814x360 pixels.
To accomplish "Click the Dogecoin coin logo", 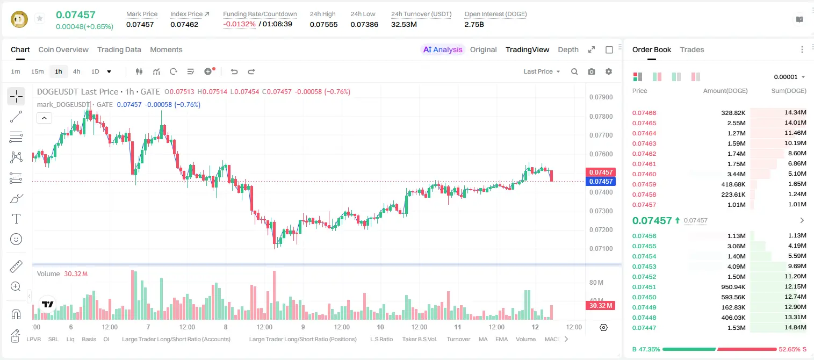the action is click(19, 19).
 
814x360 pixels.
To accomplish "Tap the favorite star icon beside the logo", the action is click(40, 18).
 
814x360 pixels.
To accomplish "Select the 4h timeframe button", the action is click(76, 71).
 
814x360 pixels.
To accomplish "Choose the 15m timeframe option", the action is click(38, 71).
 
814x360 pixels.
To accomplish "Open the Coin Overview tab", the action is click(63, 49).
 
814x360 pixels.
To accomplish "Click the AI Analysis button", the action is click(443, 49).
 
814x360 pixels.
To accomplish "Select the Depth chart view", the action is click(568, 49).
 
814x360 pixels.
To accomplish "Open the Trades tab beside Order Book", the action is click(691, 49).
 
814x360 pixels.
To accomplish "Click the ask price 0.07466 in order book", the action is click(644, 113).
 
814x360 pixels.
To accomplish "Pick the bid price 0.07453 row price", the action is click(644, 267).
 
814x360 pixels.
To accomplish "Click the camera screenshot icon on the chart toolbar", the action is click(591, 71).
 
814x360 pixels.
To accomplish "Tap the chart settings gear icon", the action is click(609, 71).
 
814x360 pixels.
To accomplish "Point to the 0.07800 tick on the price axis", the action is click(601, 116).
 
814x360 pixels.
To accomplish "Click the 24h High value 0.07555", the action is click(323, 24).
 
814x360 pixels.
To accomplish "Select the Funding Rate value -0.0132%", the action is click(239, 24).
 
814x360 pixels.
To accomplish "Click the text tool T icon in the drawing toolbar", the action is click(16, 219).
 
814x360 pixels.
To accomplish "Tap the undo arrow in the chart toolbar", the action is click(234, 71).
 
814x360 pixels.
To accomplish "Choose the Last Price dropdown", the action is click(542, 71).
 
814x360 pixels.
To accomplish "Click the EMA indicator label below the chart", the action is click(501, 339).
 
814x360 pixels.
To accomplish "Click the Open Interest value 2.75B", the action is click(474, 24).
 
